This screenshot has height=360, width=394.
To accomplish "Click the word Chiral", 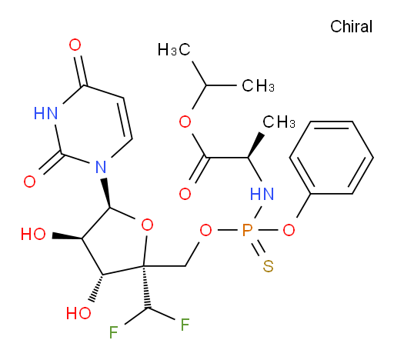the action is pyautogui.click(x=351, y=27).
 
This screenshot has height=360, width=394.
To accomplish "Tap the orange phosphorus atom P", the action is pyautogui.click(x=247, y=230).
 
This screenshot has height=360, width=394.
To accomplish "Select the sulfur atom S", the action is pyautogui.click(x=268, y=266).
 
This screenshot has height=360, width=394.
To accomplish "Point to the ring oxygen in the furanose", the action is pyautogui.click(x=147, y=225).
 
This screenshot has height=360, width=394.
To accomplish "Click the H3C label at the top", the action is pyautogui.click(x=174, y=49).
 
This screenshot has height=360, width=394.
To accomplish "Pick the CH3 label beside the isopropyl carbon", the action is pyautogui.click(x=258, y=85).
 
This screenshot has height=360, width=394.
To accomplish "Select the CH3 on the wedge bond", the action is pyautogui.click(x=279, y=122).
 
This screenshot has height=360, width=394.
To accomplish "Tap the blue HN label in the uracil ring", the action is pyautogui.click(x=45, y=113).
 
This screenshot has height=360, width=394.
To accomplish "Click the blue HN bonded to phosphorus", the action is pyautogui.click(x=262, y=194).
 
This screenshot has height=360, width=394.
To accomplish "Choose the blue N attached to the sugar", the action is pyautogui.click(x=101, y=167).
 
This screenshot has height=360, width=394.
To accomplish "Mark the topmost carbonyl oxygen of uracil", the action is pyautogui.click(x=75, y=45).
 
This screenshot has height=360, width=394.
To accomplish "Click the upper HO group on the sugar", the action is pyautogui.click(x=33, y=234).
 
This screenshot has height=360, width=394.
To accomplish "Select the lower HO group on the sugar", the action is pyautogui.click(x=78, y=313).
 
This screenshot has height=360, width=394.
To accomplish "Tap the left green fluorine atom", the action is pyautogui.click(x=113, y=332).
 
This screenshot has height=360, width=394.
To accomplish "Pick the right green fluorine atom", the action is pyautogui.click(x=185, y=325).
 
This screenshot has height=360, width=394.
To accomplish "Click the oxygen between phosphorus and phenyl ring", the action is pyautogui.click(x=289, y=230).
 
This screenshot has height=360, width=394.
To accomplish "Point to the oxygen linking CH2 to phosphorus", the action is pyautogui.click(x=205, y=230).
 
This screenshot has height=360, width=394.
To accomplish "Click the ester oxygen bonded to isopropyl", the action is pyautogui.click(x=185, y=122).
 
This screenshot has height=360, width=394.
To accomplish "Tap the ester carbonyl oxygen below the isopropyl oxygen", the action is pyautogui.click(x=185, y=194).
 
